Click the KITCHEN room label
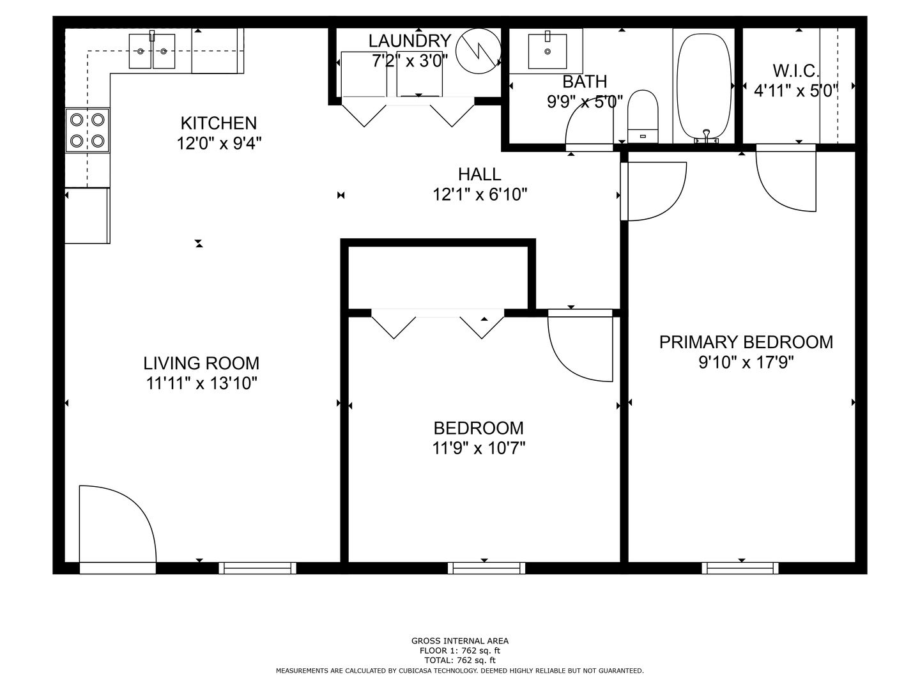(218, 123)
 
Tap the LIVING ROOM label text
(201, 364)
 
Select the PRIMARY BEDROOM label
(746, 342)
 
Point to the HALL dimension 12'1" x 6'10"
(480, 195)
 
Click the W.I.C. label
(796, 71)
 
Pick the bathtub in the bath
(704, 88)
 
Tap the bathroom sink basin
(548, 51)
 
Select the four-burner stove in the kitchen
(87, 130)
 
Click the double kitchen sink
(151, 51)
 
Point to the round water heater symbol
(479, 51)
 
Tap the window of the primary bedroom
(740, 568)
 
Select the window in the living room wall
(257, 568)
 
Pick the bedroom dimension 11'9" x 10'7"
(479, 449)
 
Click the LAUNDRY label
(410, 41)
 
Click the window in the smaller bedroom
(486, 568)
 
